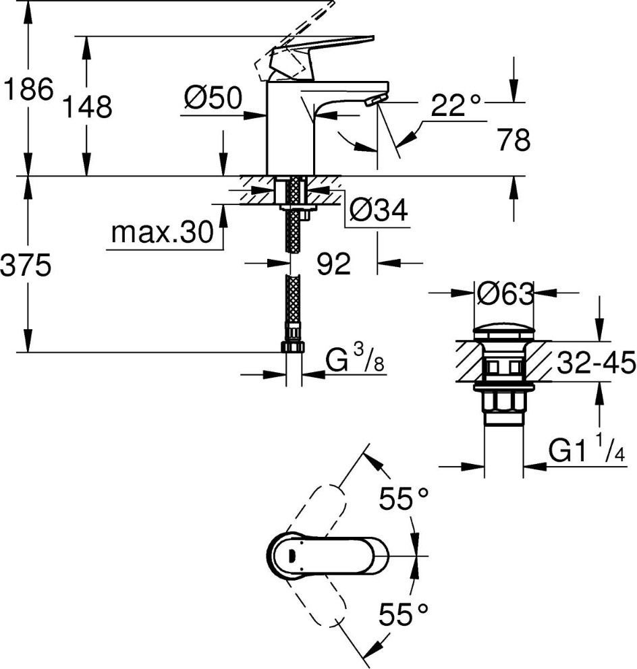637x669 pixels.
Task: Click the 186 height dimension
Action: point(28,89)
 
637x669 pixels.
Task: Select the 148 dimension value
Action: point(88,107)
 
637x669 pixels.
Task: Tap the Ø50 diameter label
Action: point(213,98)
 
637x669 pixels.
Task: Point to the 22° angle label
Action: point(455,105)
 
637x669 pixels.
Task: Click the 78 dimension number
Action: point(514,139)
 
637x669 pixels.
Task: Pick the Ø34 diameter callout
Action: point(379,210)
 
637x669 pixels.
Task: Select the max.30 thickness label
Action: point(162,232)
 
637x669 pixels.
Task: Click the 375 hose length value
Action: point(26,265)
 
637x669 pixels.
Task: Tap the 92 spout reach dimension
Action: point(333,264)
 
